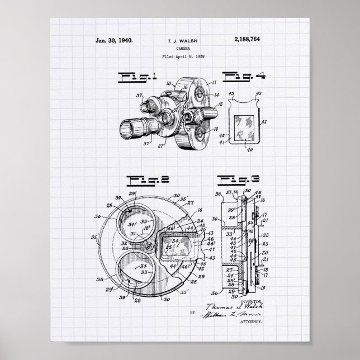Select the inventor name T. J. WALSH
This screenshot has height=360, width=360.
point(179,41)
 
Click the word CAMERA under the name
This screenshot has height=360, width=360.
point(179,49)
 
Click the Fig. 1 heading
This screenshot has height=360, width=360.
point(131,77)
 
